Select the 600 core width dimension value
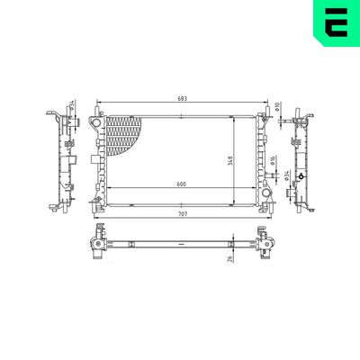point(180,184)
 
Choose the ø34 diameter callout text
point(286,175)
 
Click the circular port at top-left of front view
point(94,123)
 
